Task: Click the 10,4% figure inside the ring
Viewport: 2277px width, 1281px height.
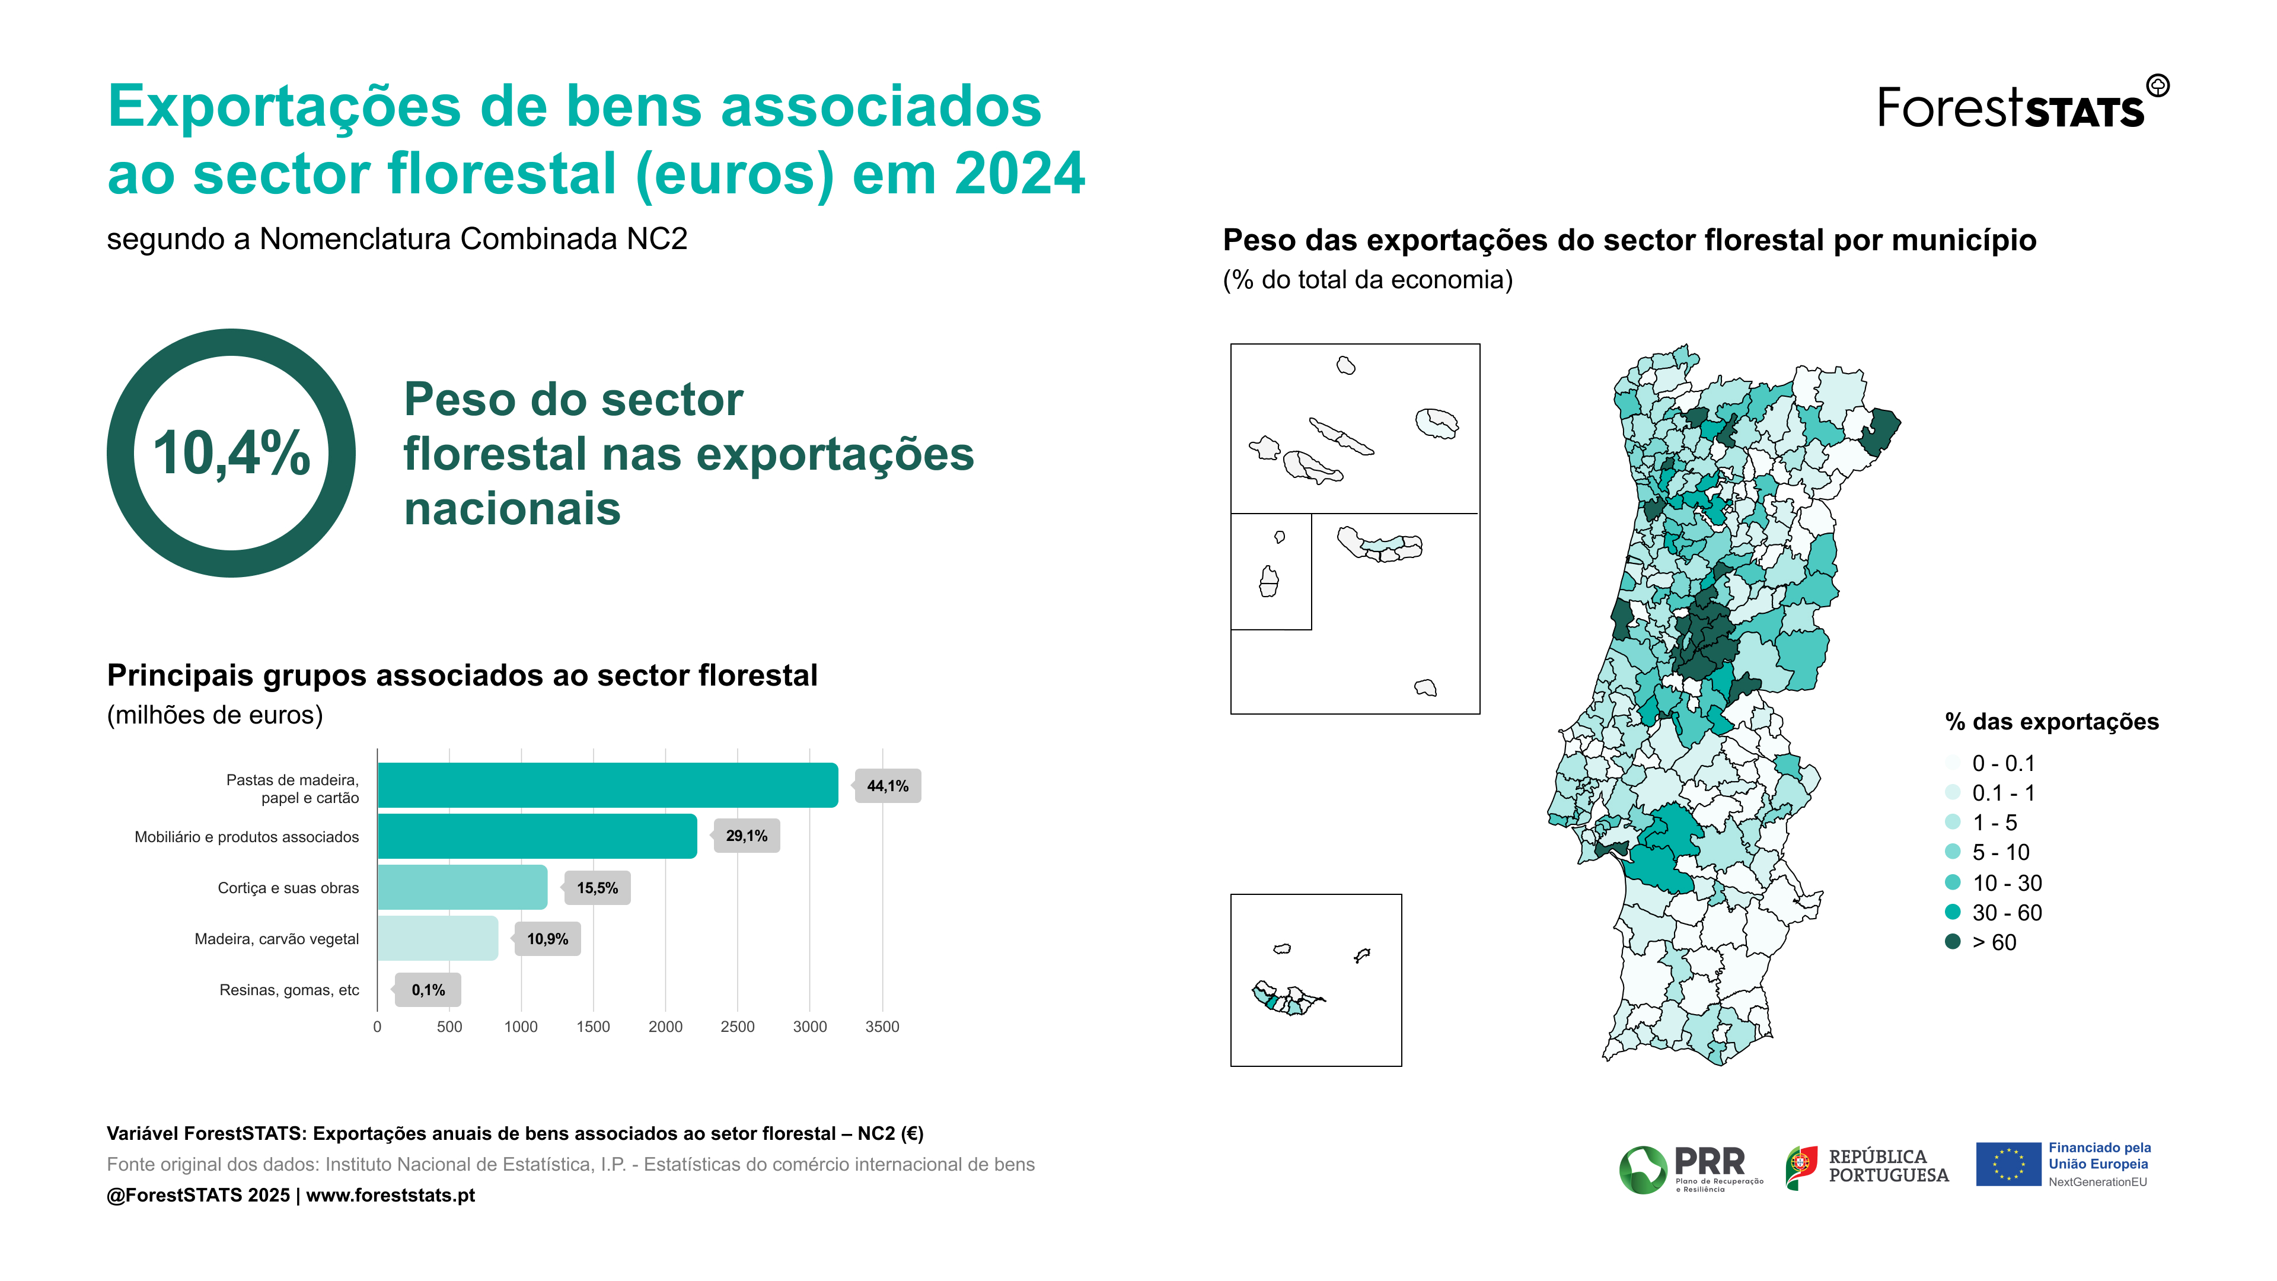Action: (x=232, y=454)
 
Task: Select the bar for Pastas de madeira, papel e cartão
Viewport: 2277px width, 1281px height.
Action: (x=607, y=785)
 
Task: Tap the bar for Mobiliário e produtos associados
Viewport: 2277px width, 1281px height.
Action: (x=537, y=836)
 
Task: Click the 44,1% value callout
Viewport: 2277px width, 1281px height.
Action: (x=888, y=786)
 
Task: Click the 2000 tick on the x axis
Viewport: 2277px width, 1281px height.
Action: (x=665, y=1027)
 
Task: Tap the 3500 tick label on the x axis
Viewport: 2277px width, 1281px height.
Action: (x=881, y=1027)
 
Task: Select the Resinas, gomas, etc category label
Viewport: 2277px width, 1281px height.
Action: (x=289, y=990)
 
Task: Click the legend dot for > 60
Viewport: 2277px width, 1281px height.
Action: (x=1953, y=942)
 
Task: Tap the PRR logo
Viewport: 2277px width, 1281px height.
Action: (x=1690, y=1169)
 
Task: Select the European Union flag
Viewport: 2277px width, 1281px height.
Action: (x=2007, y=1164)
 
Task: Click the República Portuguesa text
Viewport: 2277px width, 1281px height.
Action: (x=1887, y=1166)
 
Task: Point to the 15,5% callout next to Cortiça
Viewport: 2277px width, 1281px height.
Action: (x=598, y=888)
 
